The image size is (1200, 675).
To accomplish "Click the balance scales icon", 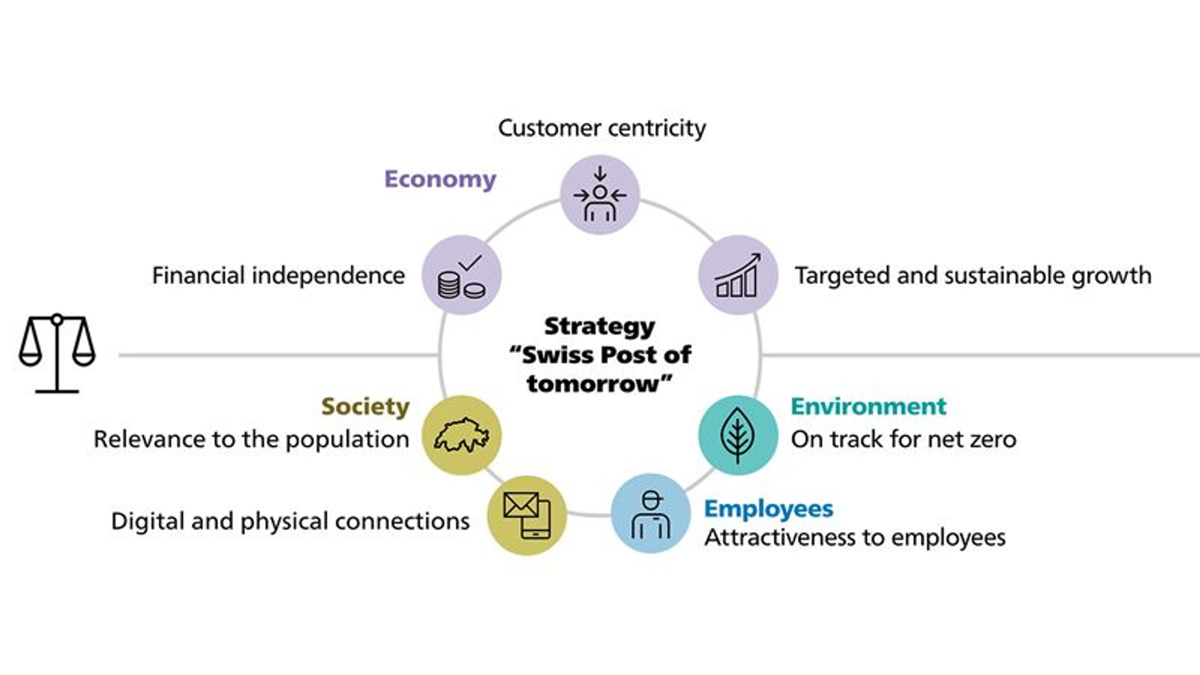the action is click(x=57, y=353).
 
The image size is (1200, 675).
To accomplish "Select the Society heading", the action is click(x=365, y=407).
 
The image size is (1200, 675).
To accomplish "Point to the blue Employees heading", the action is click(x=769, y=509).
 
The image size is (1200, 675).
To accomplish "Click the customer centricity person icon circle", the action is click(x=600, y=195).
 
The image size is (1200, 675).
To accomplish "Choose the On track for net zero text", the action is click(x=904, y=439).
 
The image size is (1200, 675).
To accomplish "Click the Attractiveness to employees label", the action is click(x=855, y=537).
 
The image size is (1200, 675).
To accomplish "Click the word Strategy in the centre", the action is click(x=600, y=327).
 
